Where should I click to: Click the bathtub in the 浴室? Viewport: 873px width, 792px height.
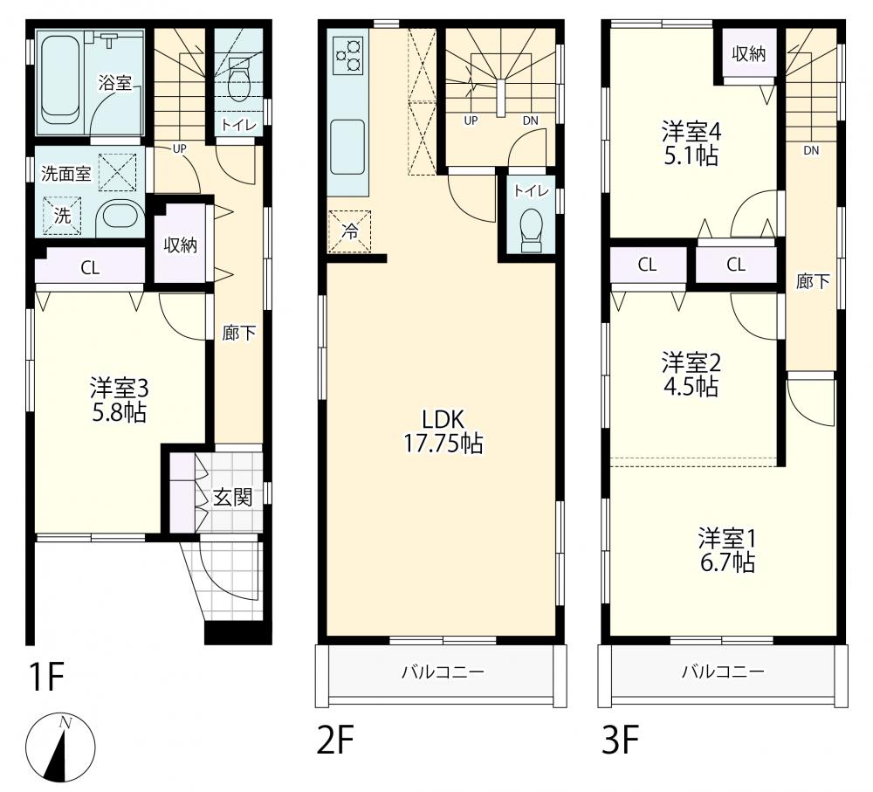(x=59, y=80)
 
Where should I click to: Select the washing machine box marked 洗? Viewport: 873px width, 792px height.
(x=62, y=215)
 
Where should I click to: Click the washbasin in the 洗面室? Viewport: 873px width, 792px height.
(x=120, y=215)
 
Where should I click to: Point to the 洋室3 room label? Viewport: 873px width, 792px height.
(x=119, y=388)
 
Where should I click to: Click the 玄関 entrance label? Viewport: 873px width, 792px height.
(x=233, y=498)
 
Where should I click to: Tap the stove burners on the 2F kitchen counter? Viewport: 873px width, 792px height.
(x=348, y=56)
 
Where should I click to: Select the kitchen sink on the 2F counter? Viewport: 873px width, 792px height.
(x=347, y=147)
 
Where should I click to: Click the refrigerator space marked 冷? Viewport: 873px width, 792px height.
(x=350, y=231)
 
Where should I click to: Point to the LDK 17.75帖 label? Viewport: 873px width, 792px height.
(x=443, y=431)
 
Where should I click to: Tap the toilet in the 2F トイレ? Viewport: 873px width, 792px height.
(x=531, y=231)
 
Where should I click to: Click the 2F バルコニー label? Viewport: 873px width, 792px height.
(x=443, y=671)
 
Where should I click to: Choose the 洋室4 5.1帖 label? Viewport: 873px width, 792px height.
(x=691, y=144)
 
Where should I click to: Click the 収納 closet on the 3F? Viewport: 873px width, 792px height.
(x=749, y=55)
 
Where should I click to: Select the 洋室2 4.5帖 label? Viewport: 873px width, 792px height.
(x=691, y=375)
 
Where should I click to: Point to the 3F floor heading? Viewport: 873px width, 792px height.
(x=620, y=740)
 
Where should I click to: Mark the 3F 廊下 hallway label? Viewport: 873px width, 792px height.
(x=813, y=282)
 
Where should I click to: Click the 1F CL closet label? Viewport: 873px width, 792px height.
(x=90, y=268)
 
